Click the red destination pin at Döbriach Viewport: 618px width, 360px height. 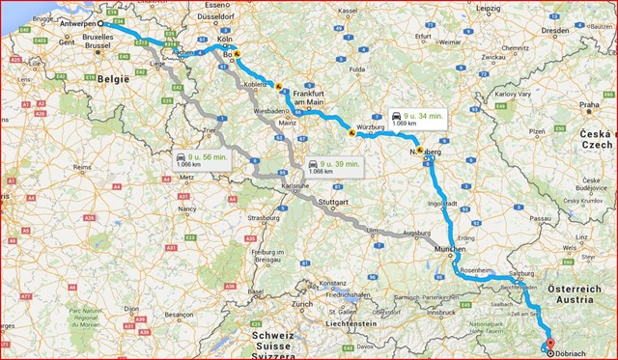tap(549, 342)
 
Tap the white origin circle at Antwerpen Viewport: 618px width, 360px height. tap(100, 22)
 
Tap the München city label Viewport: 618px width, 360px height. tap(451, 249)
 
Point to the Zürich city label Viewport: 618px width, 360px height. tap(301, 304)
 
